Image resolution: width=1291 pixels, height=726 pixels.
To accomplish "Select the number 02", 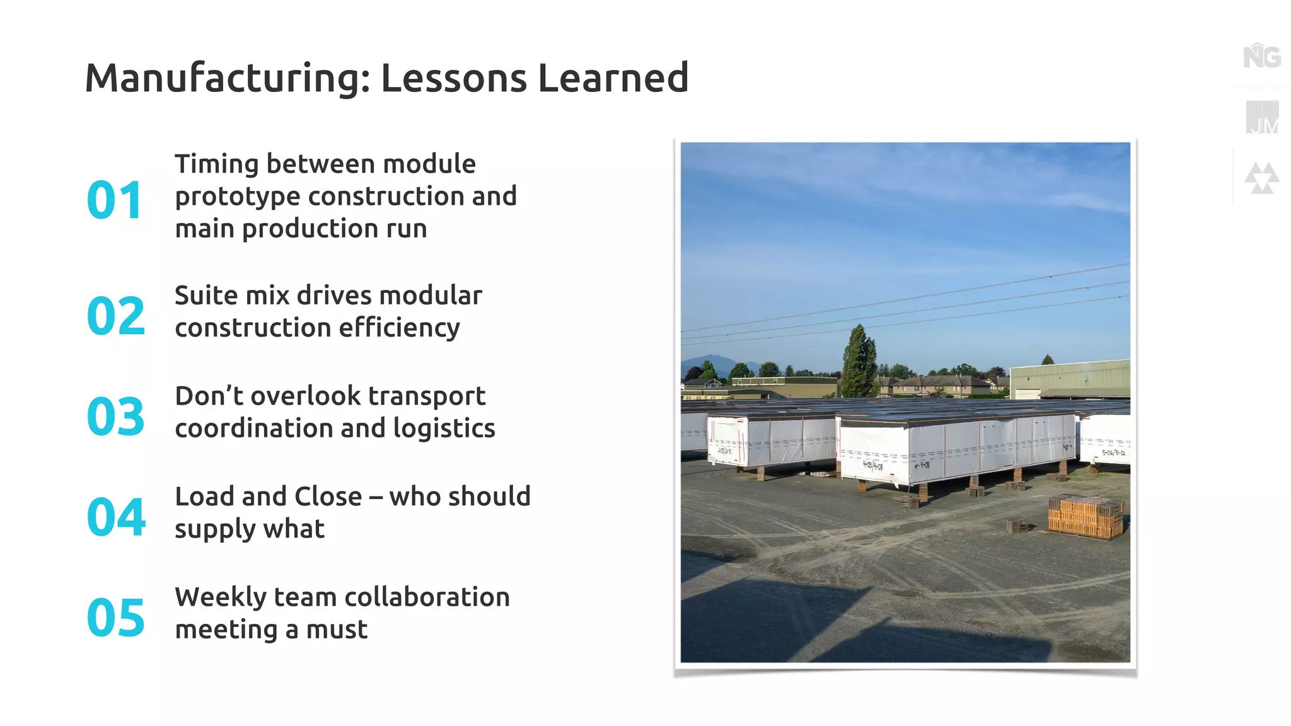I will coord(116,316).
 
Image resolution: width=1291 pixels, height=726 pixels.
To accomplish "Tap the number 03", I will coord(116,417).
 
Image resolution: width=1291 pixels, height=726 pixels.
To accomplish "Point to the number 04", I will coord(116,517).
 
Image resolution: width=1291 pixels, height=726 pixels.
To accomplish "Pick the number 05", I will coord(116,618).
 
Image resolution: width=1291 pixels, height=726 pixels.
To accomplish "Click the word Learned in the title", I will coord(613,78).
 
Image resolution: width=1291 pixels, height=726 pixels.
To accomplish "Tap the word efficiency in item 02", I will coord(398,328).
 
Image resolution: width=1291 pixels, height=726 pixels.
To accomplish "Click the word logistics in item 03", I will coord(444,429).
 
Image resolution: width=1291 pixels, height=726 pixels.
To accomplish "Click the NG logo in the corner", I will coord(1261,57).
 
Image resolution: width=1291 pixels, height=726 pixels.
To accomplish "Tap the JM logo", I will coord(1262,118).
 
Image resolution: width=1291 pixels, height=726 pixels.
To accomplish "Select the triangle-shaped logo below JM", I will coord(1261,178).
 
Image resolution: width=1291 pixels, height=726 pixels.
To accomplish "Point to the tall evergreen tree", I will coord(859,362).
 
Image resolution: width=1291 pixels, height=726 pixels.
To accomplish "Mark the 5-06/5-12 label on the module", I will coord(1113,452).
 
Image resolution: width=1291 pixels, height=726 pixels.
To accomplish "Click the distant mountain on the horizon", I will coord(712,366).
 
